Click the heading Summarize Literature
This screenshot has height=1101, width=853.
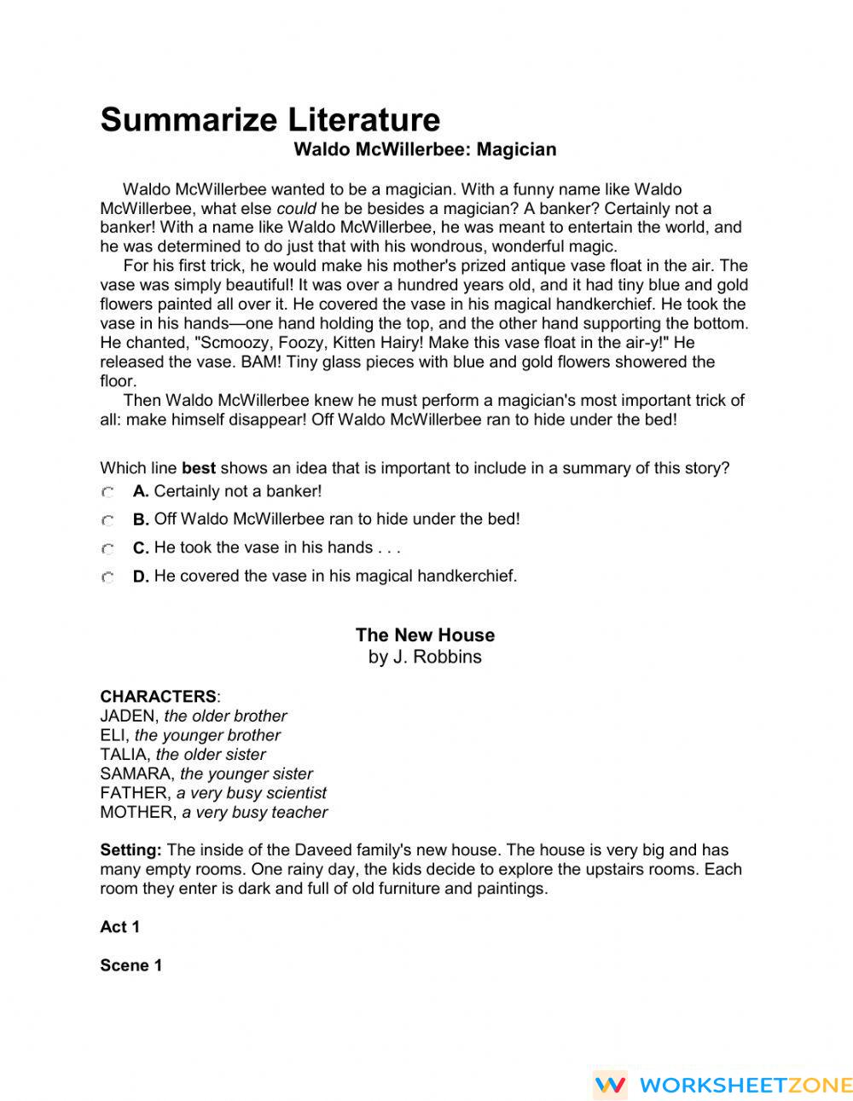[270, 119]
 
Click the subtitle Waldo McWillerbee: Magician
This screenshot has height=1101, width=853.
[425, 149]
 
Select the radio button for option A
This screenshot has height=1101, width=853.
[107, 492]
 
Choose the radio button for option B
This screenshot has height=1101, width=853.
[107, 520]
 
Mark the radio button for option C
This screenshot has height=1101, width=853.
[107, 548]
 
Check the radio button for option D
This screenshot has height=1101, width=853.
[107, 577]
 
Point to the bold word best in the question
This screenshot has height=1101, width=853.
[199, 468]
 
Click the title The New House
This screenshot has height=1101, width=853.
[425, 635]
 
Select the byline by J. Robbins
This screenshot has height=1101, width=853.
[425, 657]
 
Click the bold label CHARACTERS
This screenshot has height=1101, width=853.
[158, 696]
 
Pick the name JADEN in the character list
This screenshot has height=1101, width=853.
[128, 716]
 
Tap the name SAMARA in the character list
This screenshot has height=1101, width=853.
[136, 774]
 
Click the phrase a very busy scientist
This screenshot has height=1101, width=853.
[251, 793]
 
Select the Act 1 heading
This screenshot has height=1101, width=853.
[119, 927]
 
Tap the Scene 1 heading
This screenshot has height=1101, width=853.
[131, 965]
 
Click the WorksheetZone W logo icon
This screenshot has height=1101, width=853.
[611, 1085]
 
